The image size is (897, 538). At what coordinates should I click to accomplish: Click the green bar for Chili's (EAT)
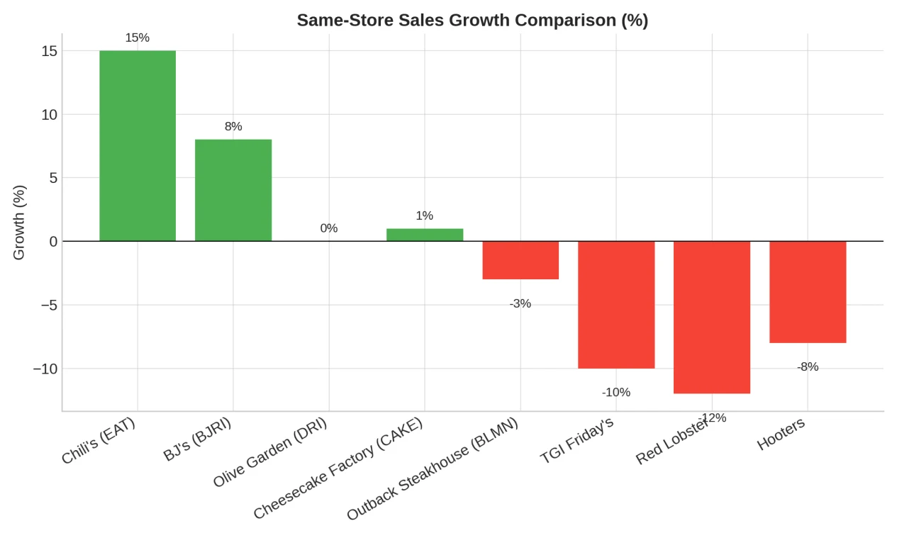138,145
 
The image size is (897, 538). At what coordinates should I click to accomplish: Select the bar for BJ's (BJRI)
233,190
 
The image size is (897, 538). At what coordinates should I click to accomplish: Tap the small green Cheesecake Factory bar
425,235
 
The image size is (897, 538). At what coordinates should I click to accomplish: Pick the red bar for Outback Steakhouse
520,260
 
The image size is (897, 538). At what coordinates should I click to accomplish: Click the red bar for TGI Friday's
616,305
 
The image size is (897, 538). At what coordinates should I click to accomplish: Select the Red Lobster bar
712,317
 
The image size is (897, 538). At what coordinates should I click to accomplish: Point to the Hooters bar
808,292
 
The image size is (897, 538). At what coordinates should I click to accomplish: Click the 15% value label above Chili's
138,38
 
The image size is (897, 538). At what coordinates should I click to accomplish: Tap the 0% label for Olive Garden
329,228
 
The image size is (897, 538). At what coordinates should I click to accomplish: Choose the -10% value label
616,392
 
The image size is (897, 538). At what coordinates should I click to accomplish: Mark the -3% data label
520,303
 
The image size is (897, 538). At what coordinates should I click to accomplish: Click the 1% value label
425,215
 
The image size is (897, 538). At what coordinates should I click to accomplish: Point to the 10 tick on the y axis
49,114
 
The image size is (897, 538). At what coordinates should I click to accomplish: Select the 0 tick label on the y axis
53,242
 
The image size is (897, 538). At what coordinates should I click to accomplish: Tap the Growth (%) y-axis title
19,223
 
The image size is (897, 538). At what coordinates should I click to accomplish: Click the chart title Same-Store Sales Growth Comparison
472,20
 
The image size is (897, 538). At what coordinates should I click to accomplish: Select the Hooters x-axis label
781,434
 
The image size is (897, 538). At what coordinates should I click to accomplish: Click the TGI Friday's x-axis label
576,440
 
